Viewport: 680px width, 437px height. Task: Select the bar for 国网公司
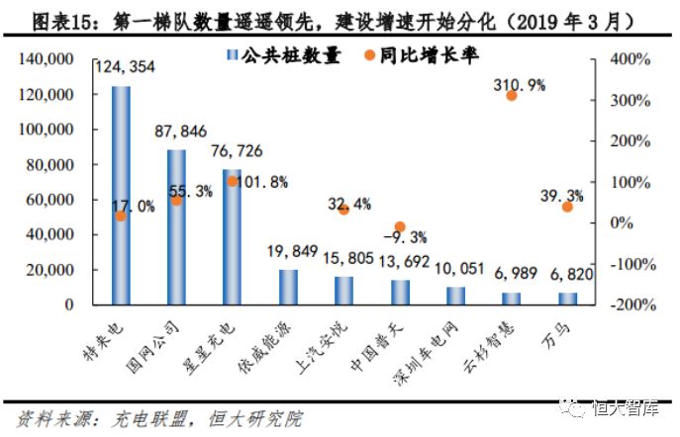tap(176, 226)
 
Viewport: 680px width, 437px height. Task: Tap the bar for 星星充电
tap(233, 236)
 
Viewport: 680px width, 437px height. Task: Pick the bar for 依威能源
tap(288, 286)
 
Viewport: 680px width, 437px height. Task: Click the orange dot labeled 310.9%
tap(512, 96)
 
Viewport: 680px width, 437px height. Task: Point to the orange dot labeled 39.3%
tap(567, 207)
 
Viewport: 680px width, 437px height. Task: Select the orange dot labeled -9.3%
tap(400, 227)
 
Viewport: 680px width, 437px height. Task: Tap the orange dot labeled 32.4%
tap(343, 210)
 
